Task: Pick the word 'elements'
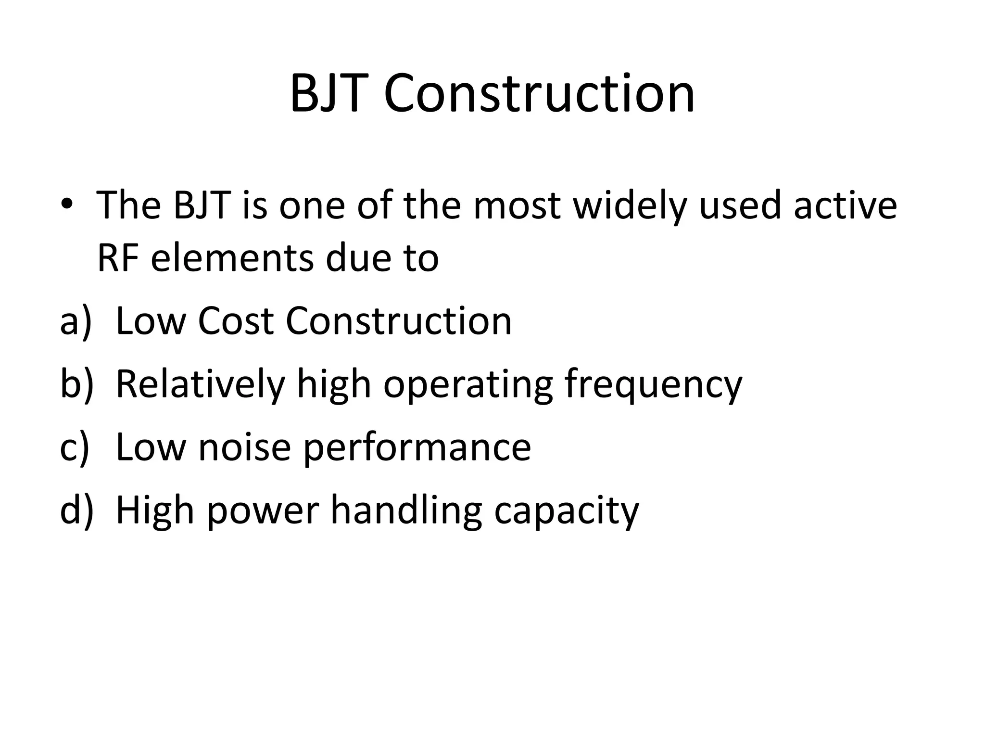click(x=232, y=258)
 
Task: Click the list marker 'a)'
click(x=75, y=321)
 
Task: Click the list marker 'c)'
click(x=74, y=447)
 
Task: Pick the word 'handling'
click(x=406, y=511)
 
